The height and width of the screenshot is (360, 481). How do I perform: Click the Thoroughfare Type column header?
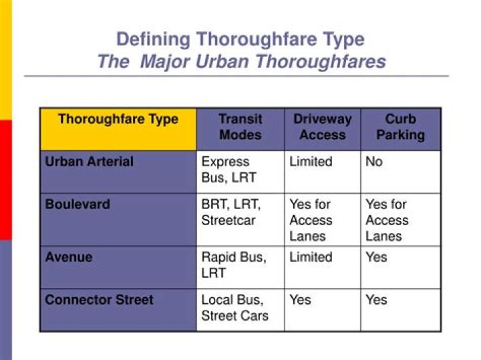click(x=118, y=120)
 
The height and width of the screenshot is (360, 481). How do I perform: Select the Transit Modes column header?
click(x=240, y=127)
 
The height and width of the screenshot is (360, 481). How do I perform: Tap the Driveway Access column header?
click(x=322, y=127)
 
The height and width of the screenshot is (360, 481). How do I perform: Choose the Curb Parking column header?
click(x=400, y=127)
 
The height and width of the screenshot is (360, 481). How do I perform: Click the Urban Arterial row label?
click(x=89, y=162)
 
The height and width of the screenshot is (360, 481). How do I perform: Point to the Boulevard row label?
click(x=77, y=204)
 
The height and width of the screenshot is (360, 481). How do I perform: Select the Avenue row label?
click(x=69, y=257)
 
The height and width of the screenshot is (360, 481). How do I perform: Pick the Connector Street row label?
click(x=99, y=300)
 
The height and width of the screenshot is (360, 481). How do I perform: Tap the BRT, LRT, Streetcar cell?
click(x=230, y=212)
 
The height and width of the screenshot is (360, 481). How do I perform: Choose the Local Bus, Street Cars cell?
click(x=234, y=308)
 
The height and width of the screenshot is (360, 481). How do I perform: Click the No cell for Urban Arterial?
click(x=374, y=162)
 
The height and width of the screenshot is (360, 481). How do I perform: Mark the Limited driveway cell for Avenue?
click(x=311, y=257)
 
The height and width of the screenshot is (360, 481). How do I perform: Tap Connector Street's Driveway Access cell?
click(x=301, y=300)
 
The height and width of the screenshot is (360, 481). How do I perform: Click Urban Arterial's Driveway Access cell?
click(x=311, y=162)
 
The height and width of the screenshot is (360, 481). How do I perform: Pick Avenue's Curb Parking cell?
click(x=376, y=257)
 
